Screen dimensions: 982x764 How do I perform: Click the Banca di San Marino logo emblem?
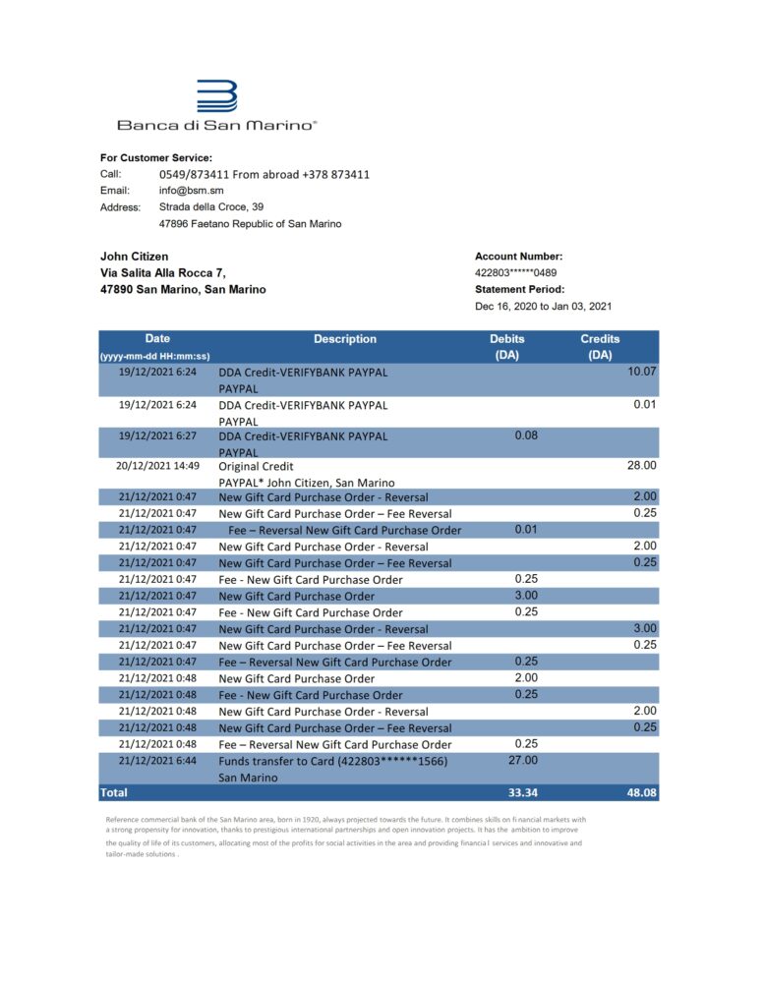click(x=217, y=97)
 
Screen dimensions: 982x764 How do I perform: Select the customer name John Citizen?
click(x=135, y=257)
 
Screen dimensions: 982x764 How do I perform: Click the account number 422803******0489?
click(x=515, y=273)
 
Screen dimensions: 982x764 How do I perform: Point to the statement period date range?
click(x=536, y=306)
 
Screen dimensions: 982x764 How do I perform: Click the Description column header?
click(x=344, y=339)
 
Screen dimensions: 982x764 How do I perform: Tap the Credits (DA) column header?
click(x=600, y=346)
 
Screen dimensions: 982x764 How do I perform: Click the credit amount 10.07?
click(x=641, y=372)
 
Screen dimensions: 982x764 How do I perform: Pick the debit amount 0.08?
click(x=526, y=434)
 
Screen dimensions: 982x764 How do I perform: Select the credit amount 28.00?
click(x=642, y=466)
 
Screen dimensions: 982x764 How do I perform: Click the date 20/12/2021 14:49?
click(x=157, y=466)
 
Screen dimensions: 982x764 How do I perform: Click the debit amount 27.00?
click(x=523, y=760)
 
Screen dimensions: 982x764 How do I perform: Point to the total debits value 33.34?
click(x=521, y=792)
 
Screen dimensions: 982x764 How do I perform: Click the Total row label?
click(x=114, y=791)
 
